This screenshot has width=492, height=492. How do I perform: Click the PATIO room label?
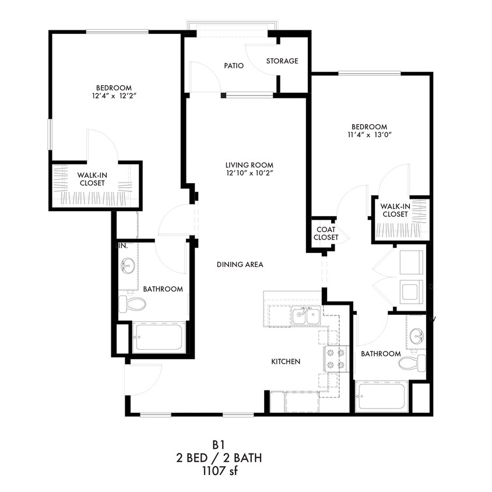click(233, 66)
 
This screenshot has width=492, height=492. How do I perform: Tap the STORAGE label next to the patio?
click(282, 61)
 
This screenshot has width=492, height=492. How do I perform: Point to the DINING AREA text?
click(240, 265)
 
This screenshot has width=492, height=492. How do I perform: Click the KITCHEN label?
click(286, 361)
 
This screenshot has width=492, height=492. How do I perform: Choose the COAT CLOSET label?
click(326, 233)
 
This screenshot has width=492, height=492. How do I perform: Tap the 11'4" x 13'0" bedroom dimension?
click(368, 135)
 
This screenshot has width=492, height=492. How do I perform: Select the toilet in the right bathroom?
click(412, 364)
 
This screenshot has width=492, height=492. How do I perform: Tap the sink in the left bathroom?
click(128, 266)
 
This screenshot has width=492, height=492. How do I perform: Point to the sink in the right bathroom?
click(416, 336)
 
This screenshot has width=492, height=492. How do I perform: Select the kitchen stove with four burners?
click(335, 359)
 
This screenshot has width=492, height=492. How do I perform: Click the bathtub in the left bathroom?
click(159, 337)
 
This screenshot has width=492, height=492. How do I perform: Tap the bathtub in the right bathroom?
click(382, 397)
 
